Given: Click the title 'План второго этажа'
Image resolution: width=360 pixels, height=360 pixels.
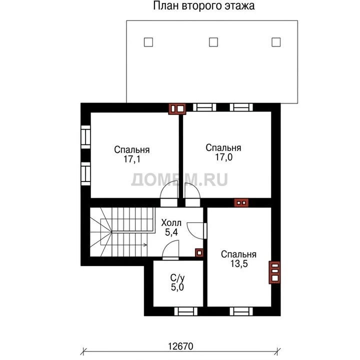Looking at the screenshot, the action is (x=203, y=5).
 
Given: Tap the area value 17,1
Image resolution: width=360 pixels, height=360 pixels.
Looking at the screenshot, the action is (x=132, y=159).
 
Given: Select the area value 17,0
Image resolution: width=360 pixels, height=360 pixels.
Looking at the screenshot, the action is (x=223, y=157).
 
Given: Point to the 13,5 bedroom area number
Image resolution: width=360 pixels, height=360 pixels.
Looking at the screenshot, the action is (x=239, y=263).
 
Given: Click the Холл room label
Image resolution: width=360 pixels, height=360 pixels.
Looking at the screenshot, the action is (x=171, y=222).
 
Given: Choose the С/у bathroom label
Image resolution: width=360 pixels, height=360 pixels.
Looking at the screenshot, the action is (x=177, y=278).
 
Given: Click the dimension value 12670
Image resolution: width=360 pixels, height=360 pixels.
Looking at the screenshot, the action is (x=180, y=346).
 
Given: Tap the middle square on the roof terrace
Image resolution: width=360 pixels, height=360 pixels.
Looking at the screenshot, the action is (x=213, y=42).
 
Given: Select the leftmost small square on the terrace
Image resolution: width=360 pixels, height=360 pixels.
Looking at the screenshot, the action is (x=148, y=42).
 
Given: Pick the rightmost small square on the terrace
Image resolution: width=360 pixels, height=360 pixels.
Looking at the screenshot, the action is (x=276, y=42).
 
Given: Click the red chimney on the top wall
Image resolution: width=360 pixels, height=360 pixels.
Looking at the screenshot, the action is (x=177, y=109).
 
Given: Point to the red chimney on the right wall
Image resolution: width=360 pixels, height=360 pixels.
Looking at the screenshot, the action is (x=274, y=272).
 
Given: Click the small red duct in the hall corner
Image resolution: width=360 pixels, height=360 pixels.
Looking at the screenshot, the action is (x=199, y=253).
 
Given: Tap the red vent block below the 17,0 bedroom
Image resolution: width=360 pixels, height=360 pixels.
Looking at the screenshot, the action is (x=241, y=202).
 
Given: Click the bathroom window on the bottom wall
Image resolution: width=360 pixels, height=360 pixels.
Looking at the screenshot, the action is (x=185, y=311).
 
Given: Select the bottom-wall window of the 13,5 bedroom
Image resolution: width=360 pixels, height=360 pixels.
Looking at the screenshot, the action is (x=241, y=311).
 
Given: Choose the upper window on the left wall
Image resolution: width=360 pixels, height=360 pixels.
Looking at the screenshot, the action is (x=85, y=137).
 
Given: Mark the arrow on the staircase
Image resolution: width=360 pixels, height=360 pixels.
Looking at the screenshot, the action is (x=129, y=245).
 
